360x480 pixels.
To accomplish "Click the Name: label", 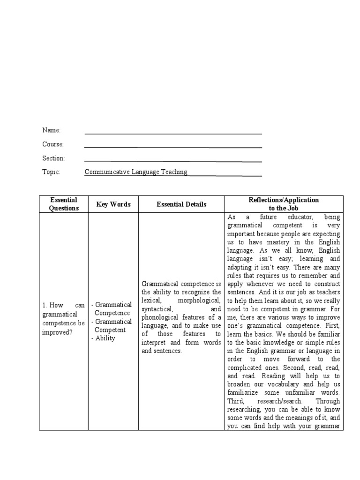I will point(51,130).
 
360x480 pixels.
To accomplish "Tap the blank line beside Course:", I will point(173,147).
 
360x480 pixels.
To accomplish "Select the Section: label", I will point(53,158).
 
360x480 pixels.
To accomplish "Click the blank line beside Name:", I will point(173,134).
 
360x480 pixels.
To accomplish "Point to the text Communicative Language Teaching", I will point(136,172).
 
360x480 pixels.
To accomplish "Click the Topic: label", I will point(51,172).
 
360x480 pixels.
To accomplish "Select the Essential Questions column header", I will point(64,204).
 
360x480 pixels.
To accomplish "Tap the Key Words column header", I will point(113,204).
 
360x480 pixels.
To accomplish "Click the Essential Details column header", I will point(181,204).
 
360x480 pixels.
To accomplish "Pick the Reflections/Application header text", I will point(284,200).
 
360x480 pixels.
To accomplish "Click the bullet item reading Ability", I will point(105,338).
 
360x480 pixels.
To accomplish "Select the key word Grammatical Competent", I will point(113,325).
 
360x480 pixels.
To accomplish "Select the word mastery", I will point(273,242).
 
